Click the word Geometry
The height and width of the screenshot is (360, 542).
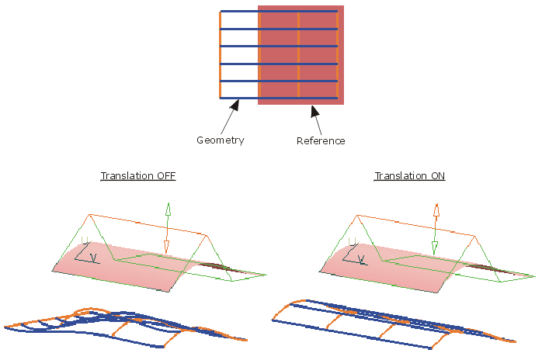(220, 140)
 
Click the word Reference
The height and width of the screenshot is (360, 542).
(321, 141)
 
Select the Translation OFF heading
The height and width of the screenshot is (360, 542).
(138, 176)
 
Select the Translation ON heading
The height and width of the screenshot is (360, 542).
(409, 176)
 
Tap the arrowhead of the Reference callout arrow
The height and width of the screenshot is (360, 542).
(314, 110)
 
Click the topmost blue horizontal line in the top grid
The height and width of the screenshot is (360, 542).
(279, 12)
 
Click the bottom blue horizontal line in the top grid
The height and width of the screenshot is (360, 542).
(279, 99)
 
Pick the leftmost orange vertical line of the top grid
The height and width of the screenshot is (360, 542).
(221, 54)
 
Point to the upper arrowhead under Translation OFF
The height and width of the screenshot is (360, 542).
(166, 207)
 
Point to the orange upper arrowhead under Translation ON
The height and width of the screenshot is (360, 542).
(436, 209)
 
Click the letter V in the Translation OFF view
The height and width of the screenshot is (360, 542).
(92, 257)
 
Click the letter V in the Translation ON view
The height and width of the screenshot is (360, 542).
(361, 257)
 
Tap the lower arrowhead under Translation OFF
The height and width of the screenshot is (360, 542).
(165, 247)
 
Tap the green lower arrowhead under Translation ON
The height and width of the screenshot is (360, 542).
(435, 247)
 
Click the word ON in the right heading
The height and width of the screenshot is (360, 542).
(437, 176)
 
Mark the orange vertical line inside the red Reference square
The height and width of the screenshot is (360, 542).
(298, 54)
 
